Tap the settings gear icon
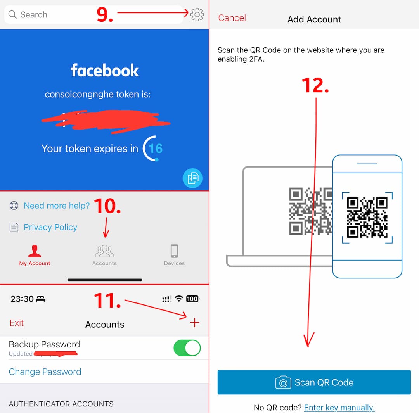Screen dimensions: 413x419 point(197,14)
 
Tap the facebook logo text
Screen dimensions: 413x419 point(104,71)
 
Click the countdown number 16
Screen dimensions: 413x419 point(155,149)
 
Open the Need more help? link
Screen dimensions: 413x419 point(56,206)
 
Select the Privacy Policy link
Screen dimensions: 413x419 point(50,227)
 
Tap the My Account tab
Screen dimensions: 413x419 point(35,255)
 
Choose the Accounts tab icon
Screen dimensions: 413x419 point(104,252)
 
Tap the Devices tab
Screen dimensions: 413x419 point(174,255)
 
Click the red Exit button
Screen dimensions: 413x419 point(17,323)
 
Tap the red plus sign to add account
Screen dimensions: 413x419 point(195,323)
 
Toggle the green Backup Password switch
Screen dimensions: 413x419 point(187,348)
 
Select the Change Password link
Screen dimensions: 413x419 point(45,372)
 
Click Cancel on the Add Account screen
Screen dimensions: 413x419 point(232,18)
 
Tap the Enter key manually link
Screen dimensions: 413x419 point(339,408)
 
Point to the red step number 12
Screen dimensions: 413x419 point(315,85)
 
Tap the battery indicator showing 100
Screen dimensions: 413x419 point(192,299)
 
